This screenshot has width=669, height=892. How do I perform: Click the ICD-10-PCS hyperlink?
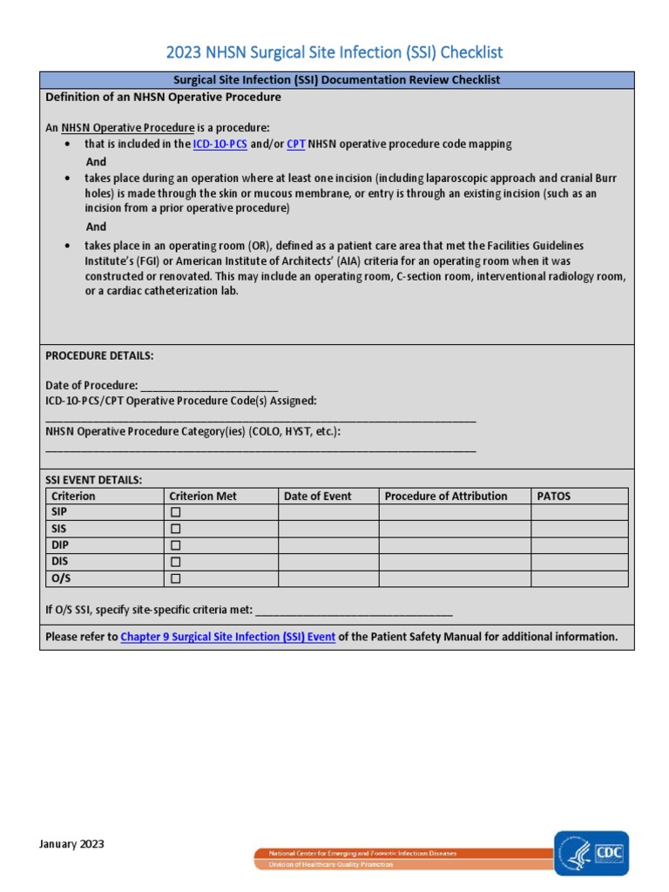click(220, 144)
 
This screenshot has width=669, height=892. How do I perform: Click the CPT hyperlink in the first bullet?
click(296, 144)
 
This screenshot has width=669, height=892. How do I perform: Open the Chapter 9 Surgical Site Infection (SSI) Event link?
click(227, 637)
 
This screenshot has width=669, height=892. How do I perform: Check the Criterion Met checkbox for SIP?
click(175, 512)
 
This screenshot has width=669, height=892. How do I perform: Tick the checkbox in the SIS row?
click(175, 529)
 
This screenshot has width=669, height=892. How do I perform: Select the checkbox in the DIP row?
click(175, 545)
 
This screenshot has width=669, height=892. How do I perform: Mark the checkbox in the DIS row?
click(175, 562)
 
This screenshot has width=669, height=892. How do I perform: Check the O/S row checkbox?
click(175, 578)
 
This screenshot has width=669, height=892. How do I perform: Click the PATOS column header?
click(554, 496)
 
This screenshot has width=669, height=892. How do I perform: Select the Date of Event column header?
click(317, 496)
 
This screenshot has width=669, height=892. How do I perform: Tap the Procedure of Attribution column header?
click(445, 496)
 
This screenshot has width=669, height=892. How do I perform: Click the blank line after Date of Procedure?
click(208, 386)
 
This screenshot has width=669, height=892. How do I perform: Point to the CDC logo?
click(591, 851)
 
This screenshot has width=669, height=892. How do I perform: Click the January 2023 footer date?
click(72, 843)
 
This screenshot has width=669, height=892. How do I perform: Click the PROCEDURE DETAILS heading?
click(99, 355)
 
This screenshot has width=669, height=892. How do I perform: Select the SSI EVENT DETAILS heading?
click(93, 479)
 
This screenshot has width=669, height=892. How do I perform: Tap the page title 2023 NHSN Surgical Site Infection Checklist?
click(334, 52)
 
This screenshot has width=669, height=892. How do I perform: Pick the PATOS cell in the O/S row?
click(579, 578)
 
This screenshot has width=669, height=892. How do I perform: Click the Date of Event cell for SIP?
click(328, 512)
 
